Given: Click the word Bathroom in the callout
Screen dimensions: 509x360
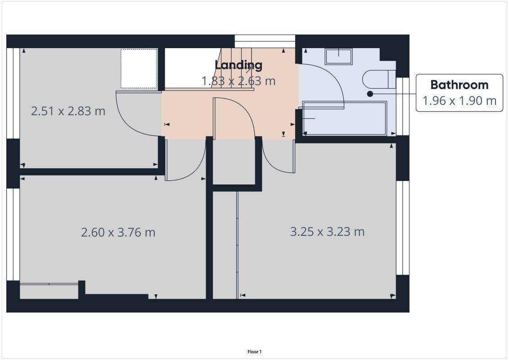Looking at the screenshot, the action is click(x=459, y=85).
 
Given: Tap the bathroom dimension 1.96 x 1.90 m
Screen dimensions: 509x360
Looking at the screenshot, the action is click(x=459, y=101).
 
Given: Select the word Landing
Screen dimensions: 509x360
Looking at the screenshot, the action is click(x=239, y=65).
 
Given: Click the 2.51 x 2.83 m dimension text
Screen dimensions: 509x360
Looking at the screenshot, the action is click(x=68, y=111).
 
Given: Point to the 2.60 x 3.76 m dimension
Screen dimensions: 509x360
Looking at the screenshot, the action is click(x=118, y=233).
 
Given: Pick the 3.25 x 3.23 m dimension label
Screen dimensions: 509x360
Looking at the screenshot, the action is click(x=327, y=232).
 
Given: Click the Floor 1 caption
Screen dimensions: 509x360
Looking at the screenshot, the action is click(x=255, y=351).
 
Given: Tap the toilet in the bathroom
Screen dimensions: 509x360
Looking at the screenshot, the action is click(x=379, y=79).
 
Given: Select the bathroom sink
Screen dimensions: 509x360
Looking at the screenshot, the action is click(x=338, y=57).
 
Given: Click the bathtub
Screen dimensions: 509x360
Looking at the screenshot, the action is click(x=344, y=118).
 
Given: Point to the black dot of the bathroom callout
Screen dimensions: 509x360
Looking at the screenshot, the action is click(x=370, y=94).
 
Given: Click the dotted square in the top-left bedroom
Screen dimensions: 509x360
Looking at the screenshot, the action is click(x=139, y=68).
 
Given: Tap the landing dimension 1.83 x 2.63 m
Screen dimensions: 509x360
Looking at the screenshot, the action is click(x=239, y=81).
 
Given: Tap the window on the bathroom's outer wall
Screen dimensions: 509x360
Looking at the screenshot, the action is click(x=402, y=106).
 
